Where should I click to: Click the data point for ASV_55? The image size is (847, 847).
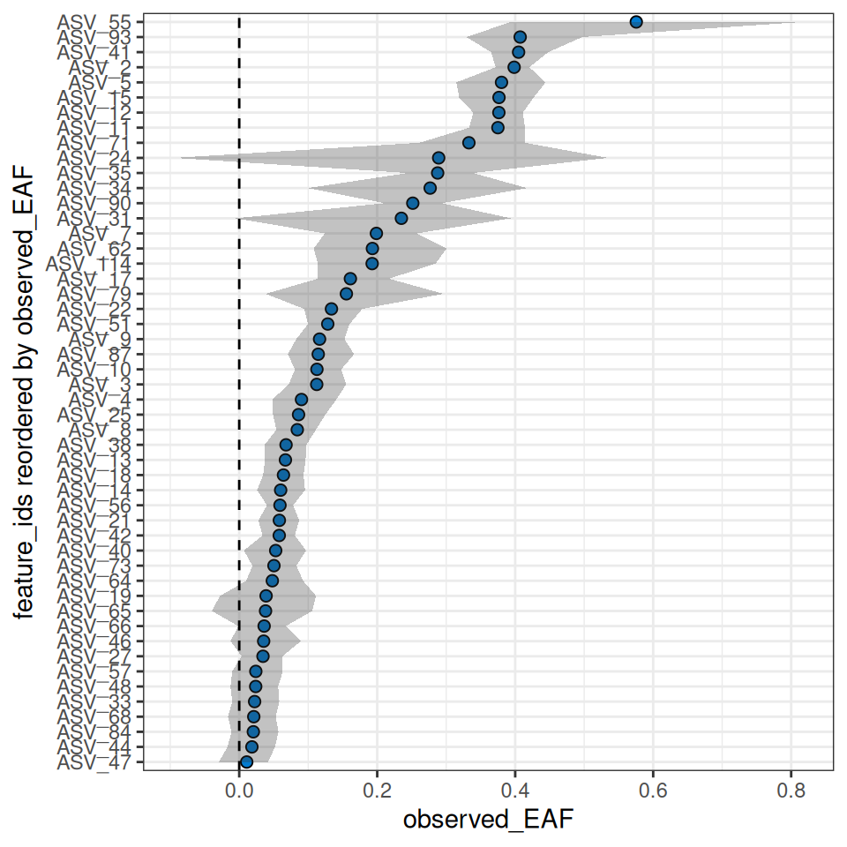coord(636,22)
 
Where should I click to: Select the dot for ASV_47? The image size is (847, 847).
coord(246,761)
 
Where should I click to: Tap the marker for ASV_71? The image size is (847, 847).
coord(468,143)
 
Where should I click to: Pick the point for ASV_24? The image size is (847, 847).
coord(438,158)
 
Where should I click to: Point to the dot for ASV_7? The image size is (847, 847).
coord(376,233)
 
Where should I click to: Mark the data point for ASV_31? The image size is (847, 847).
coord(401,218)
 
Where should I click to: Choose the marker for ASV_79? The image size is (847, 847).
coord(346,294)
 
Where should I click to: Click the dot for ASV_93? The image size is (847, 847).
coord(520,37)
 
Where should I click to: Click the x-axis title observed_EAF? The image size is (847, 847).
coord(488,821)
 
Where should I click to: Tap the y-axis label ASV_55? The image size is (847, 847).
coord(95,22)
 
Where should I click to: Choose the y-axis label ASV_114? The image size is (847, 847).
coord(90,264)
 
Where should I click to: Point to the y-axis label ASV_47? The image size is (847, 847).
coord(95,761)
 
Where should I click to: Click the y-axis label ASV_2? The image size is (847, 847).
coord(101,67)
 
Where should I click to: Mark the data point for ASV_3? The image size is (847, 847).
coord(317,384)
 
